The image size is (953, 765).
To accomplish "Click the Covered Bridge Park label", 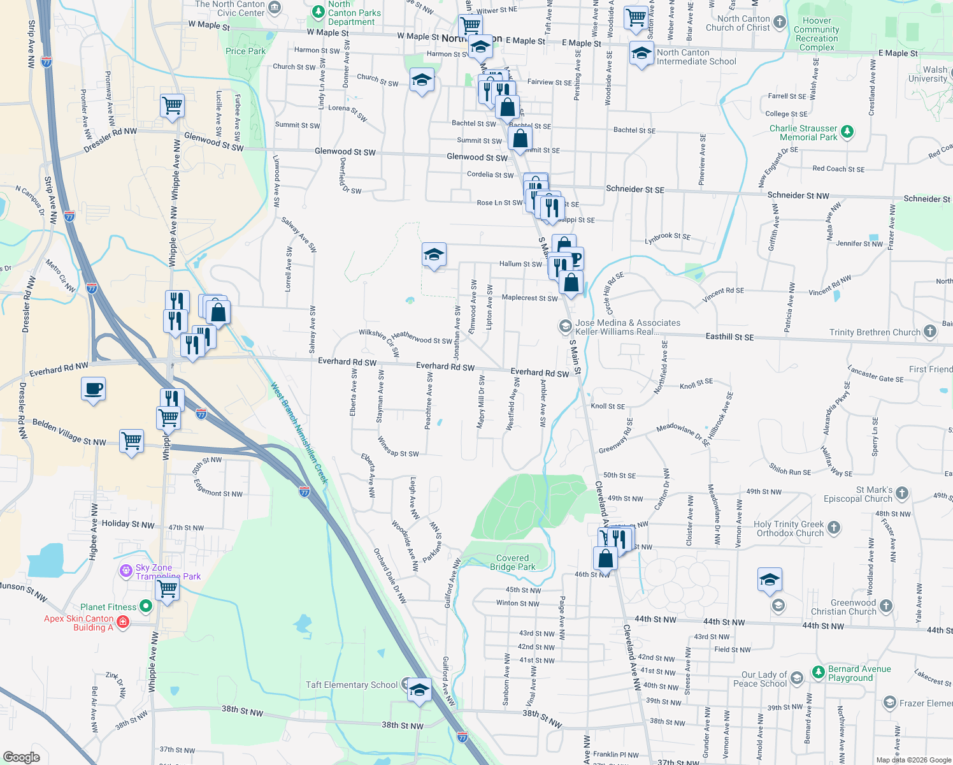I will [513, 562].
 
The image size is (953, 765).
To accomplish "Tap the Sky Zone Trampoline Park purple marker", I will [126, 571].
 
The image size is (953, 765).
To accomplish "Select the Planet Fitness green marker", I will [146, 606].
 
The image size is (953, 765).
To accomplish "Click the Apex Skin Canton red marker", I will [124, 622].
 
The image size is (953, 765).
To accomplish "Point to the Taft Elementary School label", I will [352, 685].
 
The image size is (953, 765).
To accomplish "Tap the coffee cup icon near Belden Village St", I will [94, 389].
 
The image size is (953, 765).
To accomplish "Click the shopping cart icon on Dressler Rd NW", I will [172, 106].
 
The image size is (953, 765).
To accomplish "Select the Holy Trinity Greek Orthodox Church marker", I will [834, 528].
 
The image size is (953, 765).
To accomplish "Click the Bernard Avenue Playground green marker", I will [819, 672].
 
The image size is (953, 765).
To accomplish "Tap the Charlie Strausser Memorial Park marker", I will [847, 131].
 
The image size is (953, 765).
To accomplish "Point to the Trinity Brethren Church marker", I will [930, 331].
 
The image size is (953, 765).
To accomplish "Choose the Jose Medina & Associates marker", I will [565, 326].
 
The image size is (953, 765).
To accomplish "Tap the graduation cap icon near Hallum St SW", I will [434, 255].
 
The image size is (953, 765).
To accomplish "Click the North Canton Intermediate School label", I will [696, 57].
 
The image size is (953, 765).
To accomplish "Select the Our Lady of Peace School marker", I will [797, 678].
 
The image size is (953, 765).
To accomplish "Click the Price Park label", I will [245, 51].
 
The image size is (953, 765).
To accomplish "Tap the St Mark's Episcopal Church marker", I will [901, 493].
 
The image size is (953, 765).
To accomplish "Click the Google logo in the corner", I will [22, 757].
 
